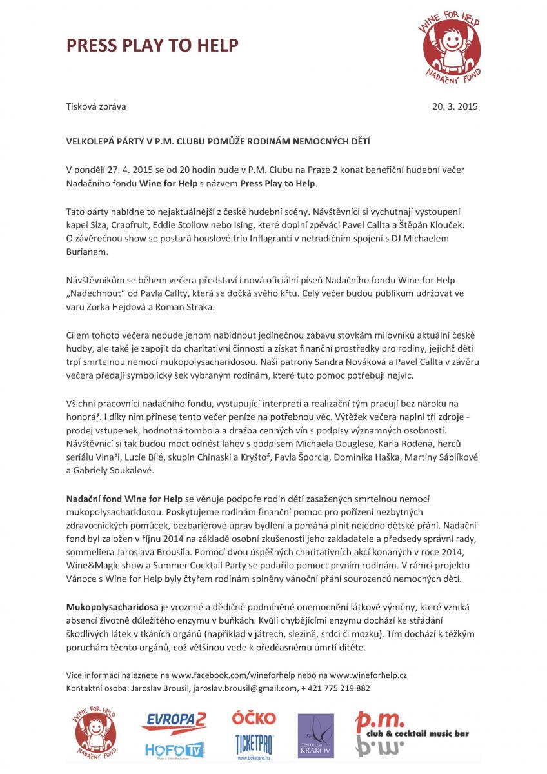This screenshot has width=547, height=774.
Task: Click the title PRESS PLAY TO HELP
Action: (152, 45)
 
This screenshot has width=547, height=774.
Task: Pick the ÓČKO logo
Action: (254, 718)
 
